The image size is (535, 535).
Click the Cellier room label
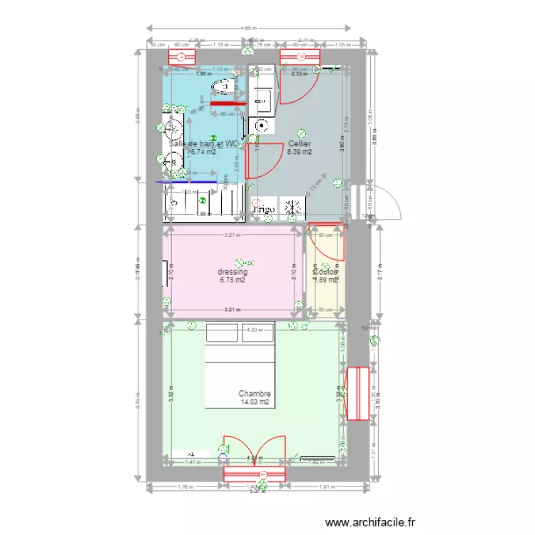[299, 143]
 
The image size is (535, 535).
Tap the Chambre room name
[255, 394]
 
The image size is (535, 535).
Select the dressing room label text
[233, 272]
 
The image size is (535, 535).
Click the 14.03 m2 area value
[255, 402]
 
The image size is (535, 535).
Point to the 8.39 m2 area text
[299, 152]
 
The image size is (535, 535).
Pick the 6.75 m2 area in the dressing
[233, 280]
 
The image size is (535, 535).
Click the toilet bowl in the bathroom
[225, 87]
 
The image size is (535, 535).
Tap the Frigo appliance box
[263, 209]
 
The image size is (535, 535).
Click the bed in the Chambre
[240, 367]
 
